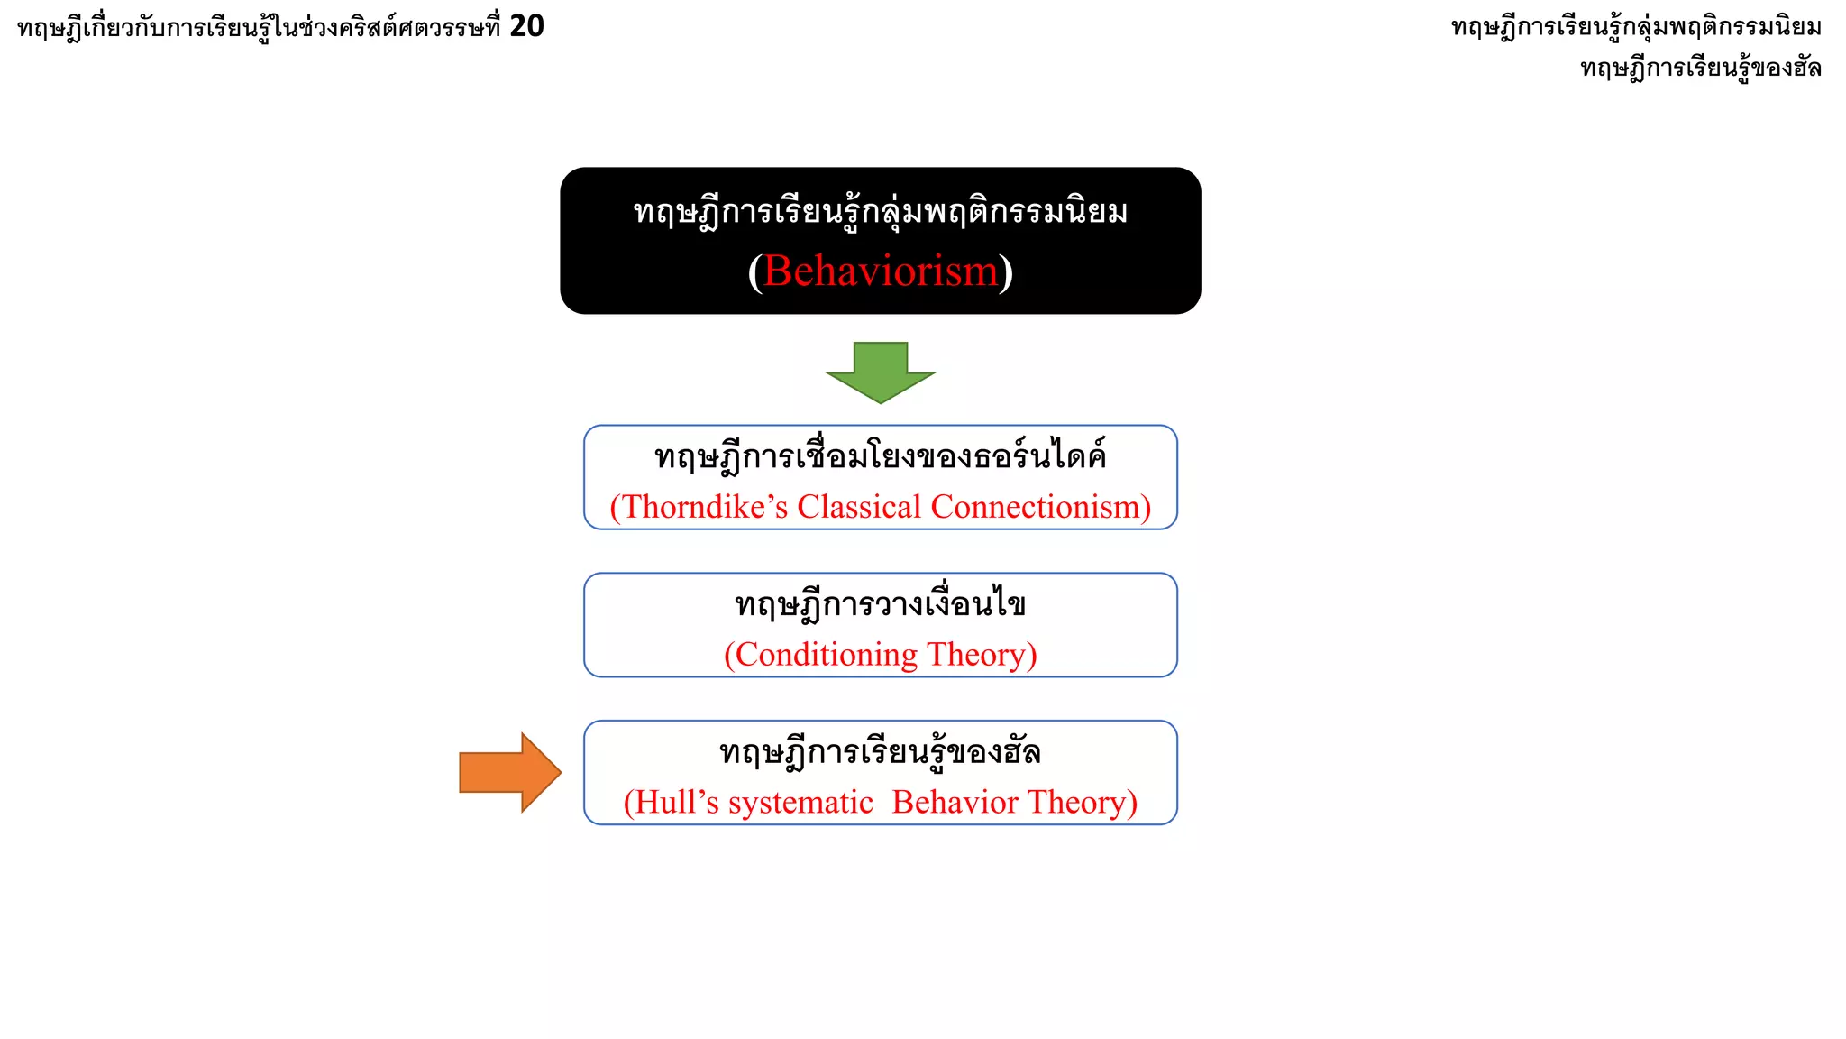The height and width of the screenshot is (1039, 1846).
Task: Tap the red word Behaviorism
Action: (x=881, y=271)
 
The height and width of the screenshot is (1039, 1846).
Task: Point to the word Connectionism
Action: (x=1036, y=507)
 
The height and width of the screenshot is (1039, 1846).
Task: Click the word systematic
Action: (x=801, y=803)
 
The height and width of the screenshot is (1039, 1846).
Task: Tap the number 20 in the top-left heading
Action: (x=526, y=26)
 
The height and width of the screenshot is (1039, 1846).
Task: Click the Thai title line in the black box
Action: (x=881, y=213)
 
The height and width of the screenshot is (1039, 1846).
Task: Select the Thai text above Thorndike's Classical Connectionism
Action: (x=881, y=456)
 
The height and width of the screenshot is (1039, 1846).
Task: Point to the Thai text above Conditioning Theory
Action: (x=881, y=604)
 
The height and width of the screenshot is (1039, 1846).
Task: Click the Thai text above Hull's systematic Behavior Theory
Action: (x=881, y=751)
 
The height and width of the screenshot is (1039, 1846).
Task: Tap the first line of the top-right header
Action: (x=1636, y=27)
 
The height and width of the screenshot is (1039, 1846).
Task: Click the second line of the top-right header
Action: (x=1701, y=68)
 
